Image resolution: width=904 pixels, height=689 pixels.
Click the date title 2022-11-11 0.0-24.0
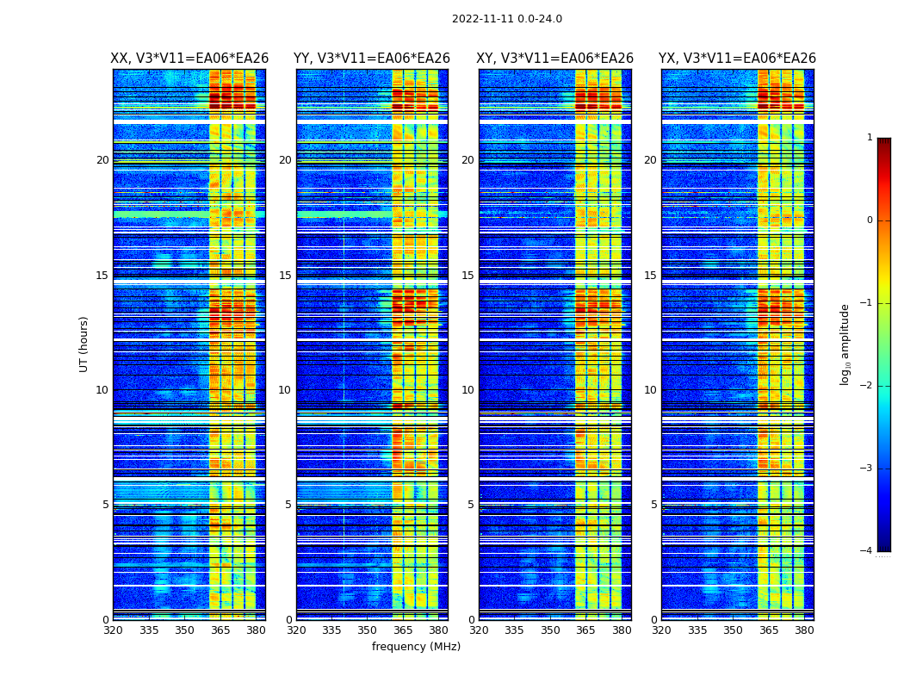506,19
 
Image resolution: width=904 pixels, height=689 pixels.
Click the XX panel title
189,59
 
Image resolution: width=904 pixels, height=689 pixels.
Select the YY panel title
372,59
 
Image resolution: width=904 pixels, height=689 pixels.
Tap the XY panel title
555,59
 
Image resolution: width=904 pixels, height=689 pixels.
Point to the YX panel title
737,59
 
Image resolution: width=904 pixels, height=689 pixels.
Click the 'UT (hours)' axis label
84,344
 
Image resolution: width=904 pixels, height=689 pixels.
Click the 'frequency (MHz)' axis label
416,647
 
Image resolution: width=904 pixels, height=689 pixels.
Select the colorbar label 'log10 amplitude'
845,344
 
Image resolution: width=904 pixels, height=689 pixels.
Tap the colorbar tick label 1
870,138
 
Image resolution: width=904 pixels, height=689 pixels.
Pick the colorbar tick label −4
867,551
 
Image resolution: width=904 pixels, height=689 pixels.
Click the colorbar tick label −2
867,386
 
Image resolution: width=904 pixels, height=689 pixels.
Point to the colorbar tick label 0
870,220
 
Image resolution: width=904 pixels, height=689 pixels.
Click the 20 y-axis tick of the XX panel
102,160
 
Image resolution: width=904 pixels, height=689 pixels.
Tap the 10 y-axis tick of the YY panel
285,390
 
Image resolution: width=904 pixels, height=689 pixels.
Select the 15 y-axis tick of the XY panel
467,276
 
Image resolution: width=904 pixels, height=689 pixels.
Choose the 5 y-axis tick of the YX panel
654,505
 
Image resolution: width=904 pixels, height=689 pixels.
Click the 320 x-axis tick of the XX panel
113,630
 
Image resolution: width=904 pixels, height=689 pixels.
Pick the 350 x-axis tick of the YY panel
368,630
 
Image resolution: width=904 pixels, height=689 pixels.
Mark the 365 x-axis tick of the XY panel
585,630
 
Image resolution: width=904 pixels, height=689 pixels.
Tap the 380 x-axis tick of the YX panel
804,630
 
